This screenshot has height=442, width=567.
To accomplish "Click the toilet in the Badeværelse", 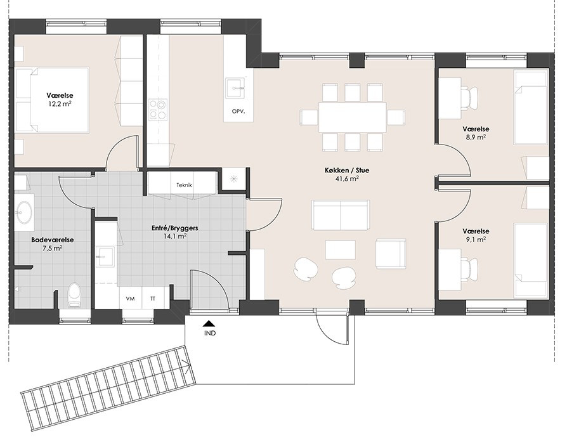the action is pos(74,295).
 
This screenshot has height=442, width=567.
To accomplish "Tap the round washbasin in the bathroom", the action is pos(25,212).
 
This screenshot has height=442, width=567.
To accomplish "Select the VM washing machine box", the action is pos(130,299).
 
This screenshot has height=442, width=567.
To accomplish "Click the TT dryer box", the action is pos(153,299).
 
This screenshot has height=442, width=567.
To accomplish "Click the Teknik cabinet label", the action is pos(184,185).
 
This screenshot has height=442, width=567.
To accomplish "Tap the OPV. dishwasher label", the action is pos(238,112).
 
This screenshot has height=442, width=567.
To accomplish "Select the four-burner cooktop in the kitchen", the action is pos(159,110).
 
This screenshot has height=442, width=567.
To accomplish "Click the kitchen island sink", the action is pos(235,88).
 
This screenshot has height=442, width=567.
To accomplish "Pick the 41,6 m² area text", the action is pos(346,178).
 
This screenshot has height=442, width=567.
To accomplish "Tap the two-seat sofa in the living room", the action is pos(341,214).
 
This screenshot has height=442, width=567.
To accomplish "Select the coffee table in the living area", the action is pos(339,250).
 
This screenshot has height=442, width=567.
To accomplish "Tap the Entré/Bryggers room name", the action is pos(174,228).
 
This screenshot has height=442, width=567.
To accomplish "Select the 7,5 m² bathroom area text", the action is pos(53,248).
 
